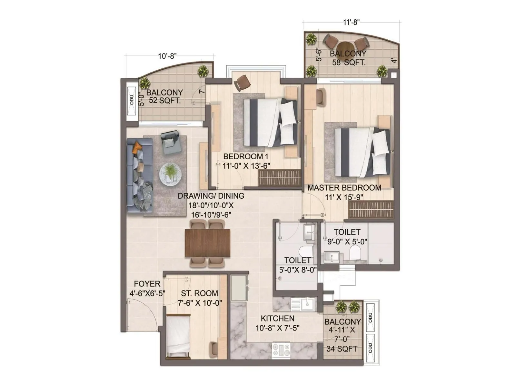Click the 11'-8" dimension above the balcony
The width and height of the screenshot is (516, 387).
(x=351, y=22)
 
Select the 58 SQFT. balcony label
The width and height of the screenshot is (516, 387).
(x=349, y=62)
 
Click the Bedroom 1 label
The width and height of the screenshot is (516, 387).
(x=246, y=157)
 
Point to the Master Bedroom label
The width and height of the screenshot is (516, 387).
(x=344, y=188)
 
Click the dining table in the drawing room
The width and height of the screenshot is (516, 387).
(x=207, y=243)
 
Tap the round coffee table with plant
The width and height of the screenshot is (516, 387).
(x=170, y=174)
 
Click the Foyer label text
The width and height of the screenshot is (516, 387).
(x=147, y=284)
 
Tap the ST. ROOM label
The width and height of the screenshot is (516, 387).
(x=199, y=293)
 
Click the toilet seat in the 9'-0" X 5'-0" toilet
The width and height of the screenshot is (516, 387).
(x=355, y=253)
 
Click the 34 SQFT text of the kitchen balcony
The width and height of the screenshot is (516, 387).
(x=342, y=349)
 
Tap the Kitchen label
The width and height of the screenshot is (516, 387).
(x=277, y=319)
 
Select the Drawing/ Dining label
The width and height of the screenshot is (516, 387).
(x=211, y=196)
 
